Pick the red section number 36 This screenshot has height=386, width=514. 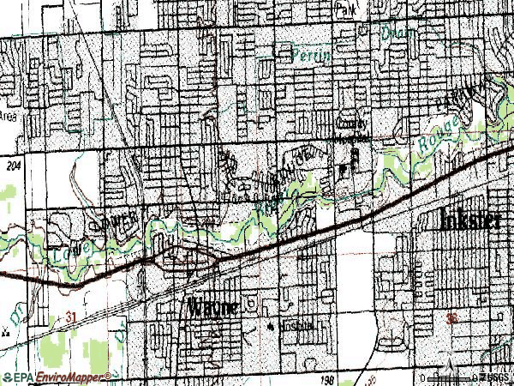452,319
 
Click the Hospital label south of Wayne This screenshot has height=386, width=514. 298,327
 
